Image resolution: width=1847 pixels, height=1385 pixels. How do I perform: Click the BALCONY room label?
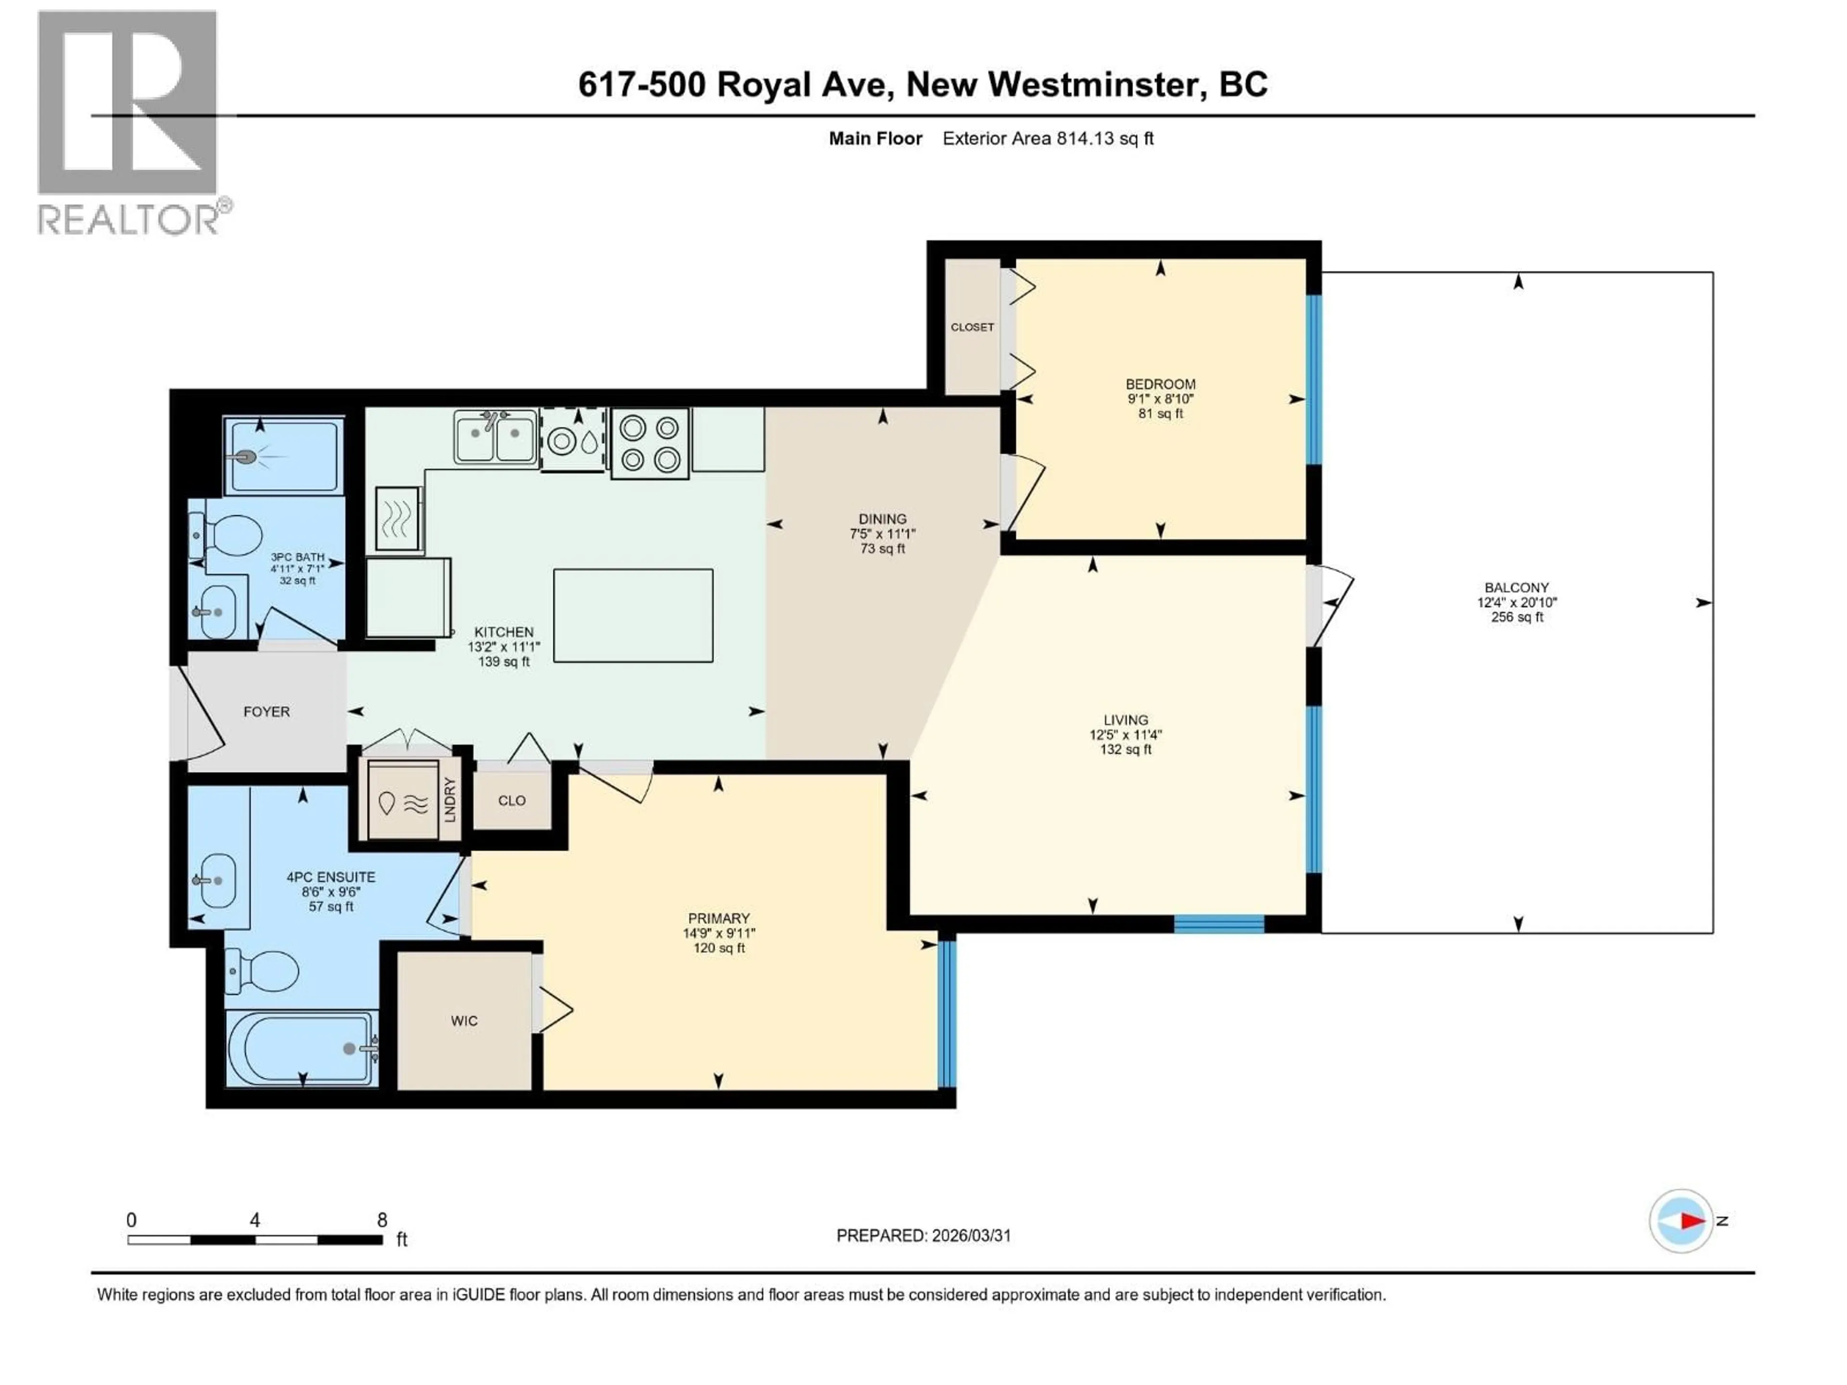tap(1517, 588)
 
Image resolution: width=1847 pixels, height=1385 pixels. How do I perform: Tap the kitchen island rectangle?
tap(633, 615)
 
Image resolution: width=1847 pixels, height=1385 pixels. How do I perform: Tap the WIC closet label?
tap(464, 1020)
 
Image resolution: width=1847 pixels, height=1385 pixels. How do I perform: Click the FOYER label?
tap(266, 711)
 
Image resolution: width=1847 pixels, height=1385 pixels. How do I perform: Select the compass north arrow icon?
tap(1681, 1221)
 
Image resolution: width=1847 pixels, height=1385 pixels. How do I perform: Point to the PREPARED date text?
tap(923, 1235)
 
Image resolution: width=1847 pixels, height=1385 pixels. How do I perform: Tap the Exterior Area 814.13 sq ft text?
tap(1048, 138)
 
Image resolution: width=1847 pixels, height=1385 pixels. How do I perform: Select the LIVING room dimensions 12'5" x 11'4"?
tap(1126, 735)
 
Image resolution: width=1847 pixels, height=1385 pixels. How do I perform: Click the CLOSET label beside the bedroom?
tap(972, 327)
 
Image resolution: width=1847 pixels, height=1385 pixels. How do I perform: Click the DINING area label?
tap(883, 518)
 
